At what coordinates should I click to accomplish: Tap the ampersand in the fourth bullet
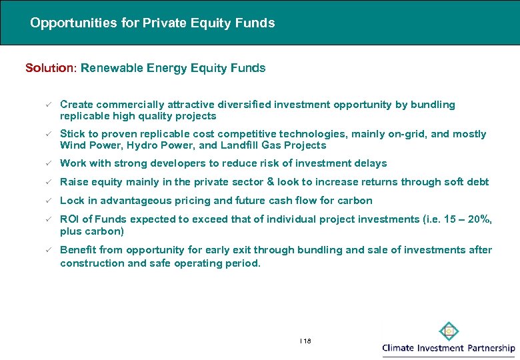[270, 182]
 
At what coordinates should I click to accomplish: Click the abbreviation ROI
[69, 219]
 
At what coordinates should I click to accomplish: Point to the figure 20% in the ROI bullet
[481, 219]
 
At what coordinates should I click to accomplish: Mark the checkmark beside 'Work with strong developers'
[47, 163]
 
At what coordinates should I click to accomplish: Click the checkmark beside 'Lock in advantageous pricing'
[47, 201]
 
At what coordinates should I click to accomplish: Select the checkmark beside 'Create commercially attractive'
[47, 105]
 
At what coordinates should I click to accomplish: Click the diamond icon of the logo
[449, 331]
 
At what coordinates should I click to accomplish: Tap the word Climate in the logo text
[402, 348]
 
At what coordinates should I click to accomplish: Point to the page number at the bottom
[306, 341]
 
